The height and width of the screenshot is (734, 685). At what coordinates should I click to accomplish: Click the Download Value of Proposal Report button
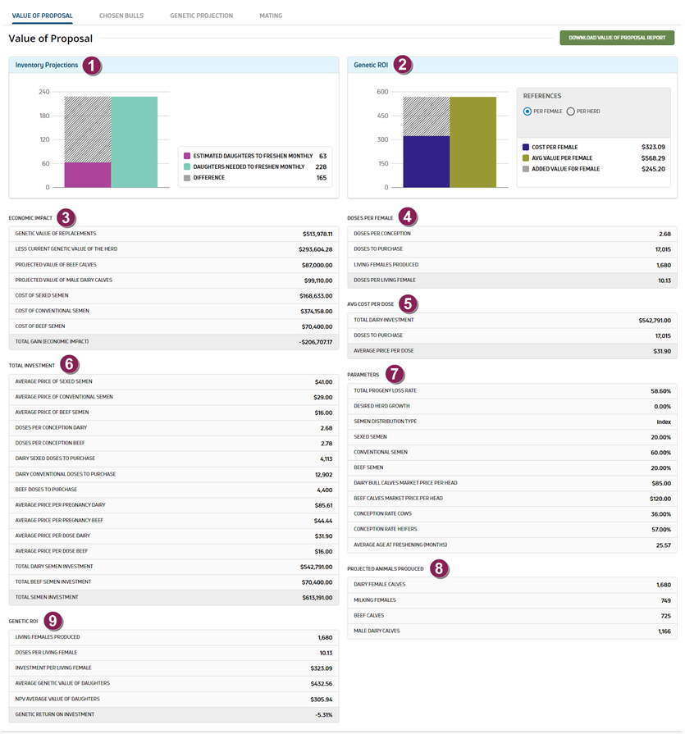coord(617,38)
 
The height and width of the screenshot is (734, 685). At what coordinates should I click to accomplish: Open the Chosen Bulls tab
coord(121,16)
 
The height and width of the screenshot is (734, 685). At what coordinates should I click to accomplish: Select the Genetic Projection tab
coord(201,16)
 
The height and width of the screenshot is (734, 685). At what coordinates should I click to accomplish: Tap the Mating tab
coord(271,16)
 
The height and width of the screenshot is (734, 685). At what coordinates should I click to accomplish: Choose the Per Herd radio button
coord(571,112)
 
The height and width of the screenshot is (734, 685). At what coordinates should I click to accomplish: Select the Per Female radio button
coord(527,112)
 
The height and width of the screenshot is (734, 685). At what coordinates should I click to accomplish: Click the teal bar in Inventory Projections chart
coord(135,143)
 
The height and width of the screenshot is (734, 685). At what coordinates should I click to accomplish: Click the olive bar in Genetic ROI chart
coord(473,143)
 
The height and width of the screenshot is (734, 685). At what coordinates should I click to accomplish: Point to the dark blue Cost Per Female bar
coord(427,162)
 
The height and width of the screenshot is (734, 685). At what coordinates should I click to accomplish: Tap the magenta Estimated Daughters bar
coord(88,175)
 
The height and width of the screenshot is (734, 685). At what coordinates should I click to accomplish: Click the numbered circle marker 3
coord(66,217)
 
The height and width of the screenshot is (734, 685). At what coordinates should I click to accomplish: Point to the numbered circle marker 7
coord(395,374)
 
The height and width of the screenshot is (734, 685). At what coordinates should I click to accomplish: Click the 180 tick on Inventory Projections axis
coord(44,116)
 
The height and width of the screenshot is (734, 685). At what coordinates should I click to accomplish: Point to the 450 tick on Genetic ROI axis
coord(383,116)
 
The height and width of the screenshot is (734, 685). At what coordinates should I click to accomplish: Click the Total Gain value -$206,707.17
coord(316,342)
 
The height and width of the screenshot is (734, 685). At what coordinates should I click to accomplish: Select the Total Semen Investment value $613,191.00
coord(317,598)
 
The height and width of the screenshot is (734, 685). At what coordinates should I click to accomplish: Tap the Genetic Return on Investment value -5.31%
coord(323,715)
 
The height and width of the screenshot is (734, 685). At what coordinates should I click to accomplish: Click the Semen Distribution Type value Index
coord(664,422)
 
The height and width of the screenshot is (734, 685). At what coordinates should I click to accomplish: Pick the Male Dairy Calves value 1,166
coord(664,631)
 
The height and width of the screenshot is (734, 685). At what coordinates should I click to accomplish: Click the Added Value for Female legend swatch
coord(526,169)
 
